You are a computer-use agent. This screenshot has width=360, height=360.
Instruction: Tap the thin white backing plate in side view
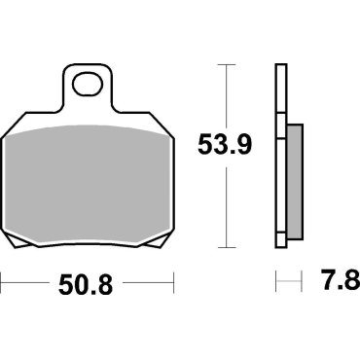281,156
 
